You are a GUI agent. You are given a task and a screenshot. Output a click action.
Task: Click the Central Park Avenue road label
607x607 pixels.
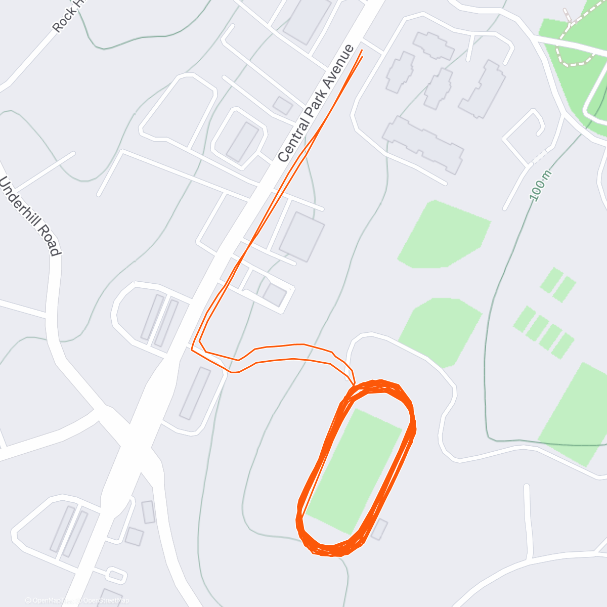[316, 103]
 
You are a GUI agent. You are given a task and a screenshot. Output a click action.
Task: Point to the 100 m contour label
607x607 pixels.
[541, 185]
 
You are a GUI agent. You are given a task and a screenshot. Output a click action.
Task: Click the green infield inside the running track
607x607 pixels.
[354, 470]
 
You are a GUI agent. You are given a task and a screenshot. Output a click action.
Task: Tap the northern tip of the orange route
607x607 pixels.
[362, 51]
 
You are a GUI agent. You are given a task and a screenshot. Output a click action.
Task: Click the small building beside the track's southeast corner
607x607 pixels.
[379, 529]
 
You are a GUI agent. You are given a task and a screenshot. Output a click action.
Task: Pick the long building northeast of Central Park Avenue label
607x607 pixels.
[423, 144]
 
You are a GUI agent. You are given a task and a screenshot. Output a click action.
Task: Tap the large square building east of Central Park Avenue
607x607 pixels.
[302, 237]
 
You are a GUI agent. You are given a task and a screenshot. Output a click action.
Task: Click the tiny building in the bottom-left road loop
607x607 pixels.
[116, 575]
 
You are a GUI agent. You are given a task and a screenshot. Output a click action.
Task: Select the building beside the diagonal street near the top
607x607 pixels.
[282, 106]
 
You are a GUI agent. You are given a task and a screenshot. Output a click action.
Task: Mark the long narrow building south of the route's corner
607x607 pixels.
[195, 394]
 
